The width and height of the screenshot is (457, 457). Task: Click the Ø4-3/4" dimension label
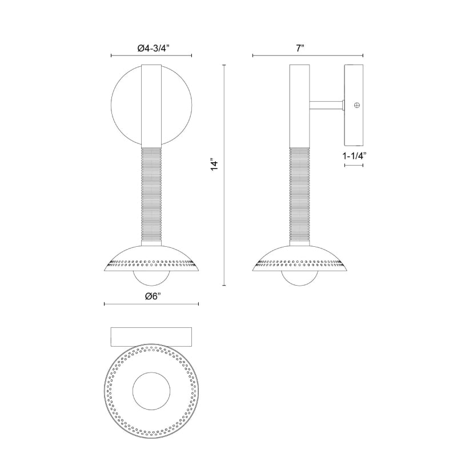pos(153,48)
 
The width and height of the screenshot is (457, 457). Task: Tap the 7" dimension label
pos(300,48)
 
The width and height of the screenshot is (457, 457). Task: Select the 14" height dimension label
pos(214,165)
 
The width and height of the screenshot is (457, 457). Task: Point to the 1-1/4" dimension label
pos(354,156)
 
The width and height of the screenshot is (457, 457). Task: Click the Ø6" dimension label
pos(153,296)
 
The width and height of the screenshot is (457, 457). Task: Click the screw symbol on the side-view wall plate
pos(356,105)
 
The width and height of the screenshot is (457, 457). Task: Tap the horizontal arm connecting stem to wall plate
pos(326,105)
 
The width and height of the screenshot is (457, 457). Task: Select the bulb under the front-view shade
pos(151,278)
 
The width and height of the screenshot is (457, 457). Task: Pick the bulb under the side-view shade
pos(299,278)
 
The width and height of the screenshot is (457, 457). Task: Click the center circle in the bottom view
pos(151,391)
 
